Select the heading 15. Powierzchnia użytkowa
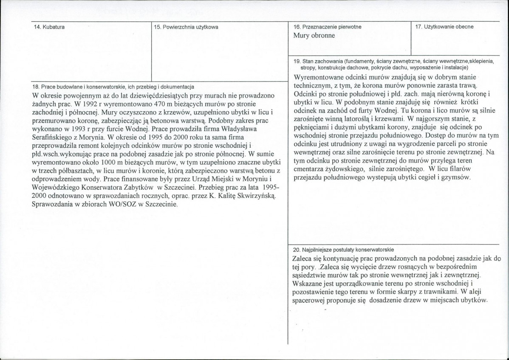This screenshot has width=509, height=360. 186,27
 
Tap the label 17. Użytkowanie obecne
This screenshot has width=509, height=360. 444,27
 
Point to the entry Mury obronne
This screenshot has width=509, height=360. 314,35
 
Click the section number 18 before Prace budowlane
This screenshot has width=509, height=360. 35,87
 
